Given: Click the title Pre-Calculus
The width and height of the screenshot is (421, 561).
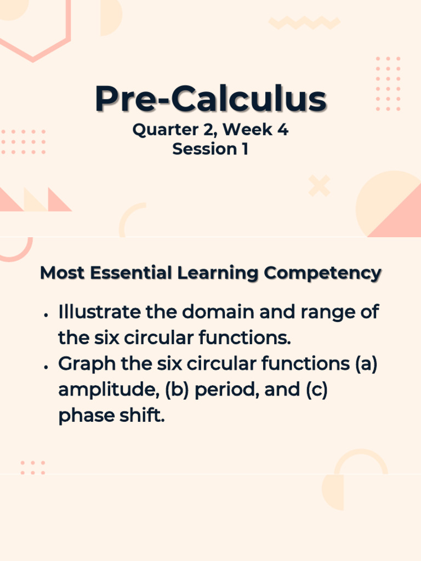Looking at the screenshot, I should pyautogui.click(x=210, y=99).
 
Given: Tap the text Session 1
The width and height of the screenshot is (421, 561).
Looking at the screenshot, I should pyautogui.click(x=210, y=149).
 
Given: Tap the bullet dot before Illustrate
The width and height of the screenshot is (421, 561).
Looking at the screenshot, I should pyautogui.click(x=47, y=315).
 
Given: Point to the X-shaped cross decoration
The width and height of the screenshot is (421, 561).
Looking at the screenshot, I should pyautogui.click(x=319, y=186).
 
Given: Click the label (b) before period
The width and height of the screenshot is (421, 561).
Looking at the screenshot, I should pyautogui.click(x=176, y=390).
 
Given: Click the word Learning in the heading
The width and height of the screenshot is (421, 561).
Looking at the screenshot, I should pyautogui.click(x=219, y=273).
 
